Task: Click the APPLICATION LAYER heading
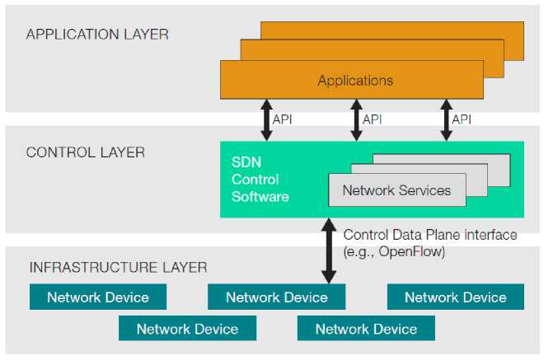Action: [97, 35]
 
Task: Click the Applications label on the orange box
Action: [355, 81]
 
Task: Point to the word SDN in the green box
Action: [245, 162]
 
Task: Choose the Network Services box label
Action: [396, 190]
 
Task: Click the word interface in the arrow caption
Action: [490, 236]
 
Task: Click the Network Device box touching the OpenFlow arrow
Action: [276, 297]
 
